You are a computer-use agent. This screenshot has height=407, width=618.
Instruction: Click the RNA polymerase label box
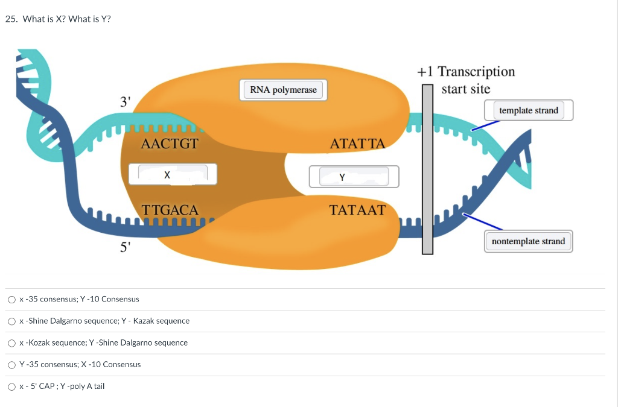pyautogui.click(x=283, y=90)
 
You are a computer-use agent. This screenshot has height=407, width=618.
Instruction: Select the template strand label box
pyautogui.click(x=529, y=110)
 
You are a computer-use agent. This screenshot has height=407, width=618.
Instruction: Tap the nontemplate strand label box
pyautogui.click(x=528, y=241)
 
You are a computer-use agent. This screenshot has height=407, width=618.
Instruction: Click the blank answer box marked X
pyautogui.click(x=172, y=175)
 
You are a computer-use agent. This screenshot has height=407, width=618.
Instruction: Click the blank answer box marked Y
pyautogui.click(x=354, y=177)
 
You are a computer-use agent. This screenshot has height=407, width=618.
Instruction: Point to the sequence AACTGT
pyautogui.click(x=169, y=144)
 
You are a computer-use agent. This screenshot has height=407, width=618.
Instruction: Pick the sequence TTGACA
pyautogui.click(x=170, y=210)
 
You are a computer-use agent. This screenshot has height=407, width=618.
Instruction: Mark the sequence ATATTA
pyautogui.click(x=357, y=144)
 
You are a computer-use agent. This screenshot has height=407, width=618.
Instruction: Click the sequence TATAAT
pyautogui.click(x=357, y=210)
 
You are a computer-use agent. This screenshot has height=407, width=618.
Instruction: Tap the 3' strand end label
pyautogui.click(x=125, y=101)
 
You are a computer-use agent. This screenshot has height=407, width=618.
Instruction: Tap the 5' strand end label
pyautogui.click(x=125, y=247)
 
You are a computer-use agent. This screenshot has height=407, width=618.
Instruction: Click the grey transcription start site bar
pyautogui.click(x=427, y=169)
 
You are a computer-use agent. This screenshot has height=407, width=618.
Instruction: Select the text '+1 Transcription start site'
pyautogui.click(x=466, y=80)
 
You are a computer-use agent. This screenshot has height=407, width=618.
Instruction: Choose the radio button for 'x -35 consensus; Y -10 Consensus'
pyautogui.click(x=11, y=299)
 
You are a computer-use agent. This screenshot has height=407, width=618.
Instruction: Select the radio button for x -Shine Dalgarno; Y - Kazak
pyautogui.click(x=11, y=321)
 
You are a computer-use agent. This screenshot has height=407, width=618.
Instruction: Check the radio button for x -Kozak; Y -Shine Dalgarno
pyautogui.click(x=11, y=342)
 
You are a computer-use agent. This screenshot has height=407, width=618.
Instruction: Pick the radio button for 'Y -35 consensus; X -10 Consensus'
pyautogui.click(x=11, y=364)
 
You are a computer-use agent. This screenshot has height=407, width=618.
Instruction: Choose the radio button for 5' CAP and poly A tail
pyautogui.click(x=11, y=386)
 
